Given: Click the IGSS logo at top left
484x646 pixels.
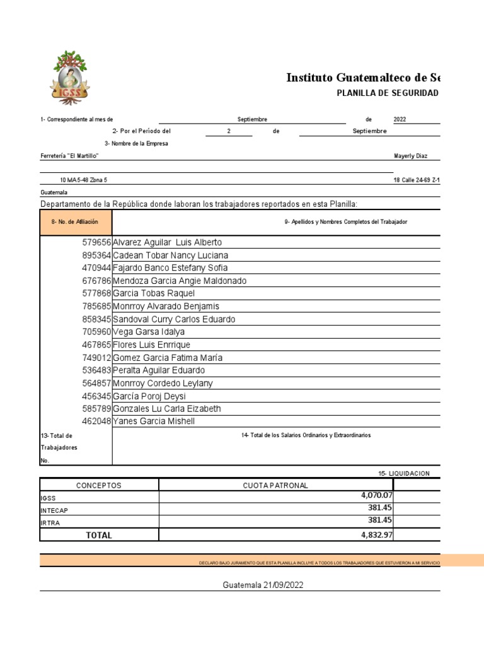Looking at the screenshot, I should (70, 78).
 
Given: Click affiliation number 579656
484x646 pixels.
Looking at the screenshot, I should (96, 243).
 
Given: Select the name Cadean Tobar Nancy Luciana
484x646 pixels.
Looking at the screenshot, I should (170, 255).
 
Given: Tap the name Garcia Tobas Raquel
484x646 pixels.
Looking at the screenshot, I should (154, 293).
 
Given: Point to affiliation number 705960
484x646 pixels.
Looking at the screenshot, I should (96, 332).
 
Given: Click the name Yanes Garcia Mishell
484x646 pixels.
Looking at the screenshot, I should (154, 421).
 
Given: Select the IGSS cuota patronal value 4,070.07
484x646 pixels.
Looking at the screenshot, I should (376, 495).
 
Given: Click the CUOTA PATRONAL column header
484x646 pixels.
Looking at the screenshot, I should (275, 485).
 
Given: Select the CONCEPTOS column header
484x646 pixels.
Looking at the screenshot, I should (98, 485).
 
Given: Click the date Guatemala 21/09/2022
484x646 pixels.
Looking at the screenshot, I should (263, 585).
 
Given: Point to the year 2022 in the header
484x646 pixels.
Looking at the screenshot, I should (400, 119).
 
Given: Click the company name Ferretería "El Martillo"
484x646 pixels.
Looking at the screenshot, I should (70, 156).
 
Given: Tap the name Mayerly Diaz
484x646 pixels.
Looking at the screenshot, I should (410, 156).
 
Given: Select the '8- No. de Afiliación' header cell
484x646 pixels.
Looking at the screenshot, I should (75, 222).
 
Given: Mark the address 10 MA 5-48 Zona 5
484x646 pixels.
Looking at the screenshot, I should (83, 180).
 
